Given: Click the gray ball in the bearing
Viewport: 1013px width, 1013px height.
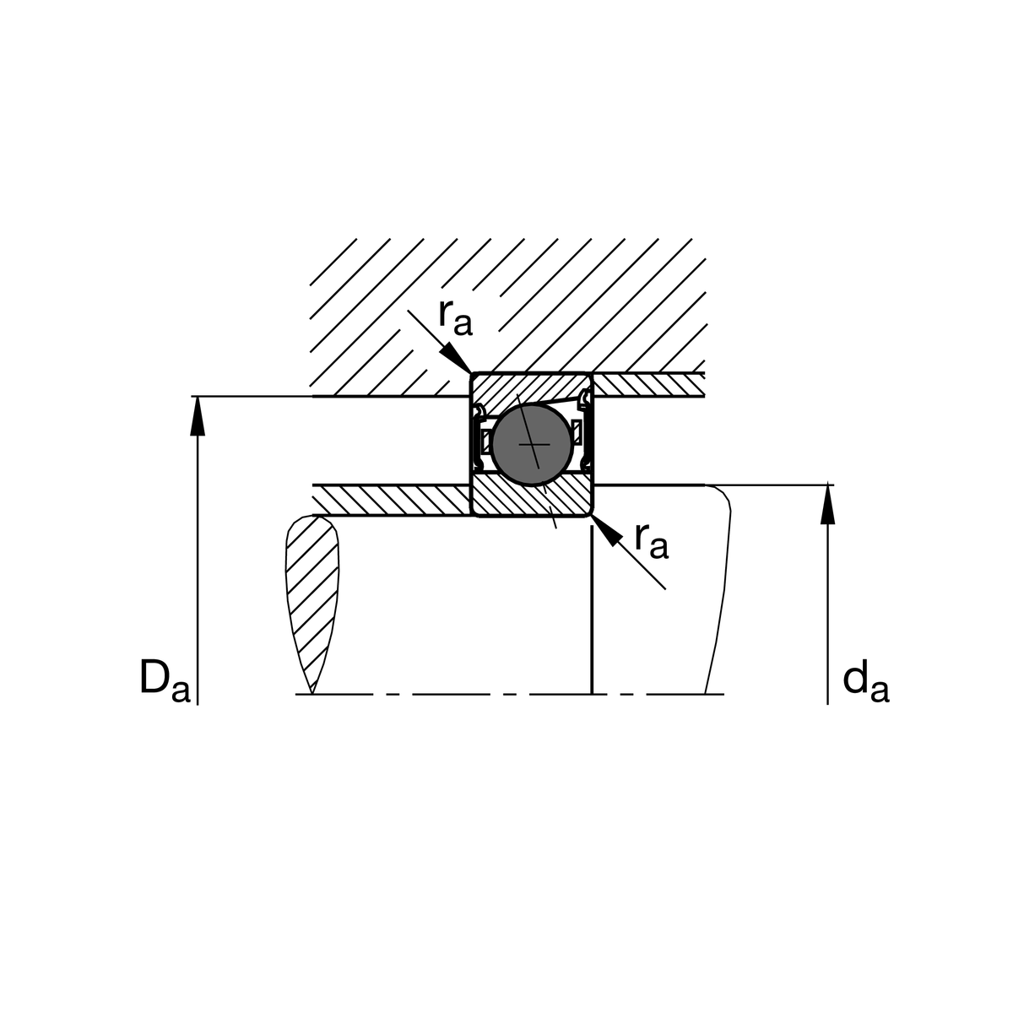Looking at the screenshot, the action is click(x=532, y=445).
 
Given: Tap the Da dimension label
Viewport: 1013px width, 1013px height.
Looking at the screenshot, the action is click(x=165, y=679).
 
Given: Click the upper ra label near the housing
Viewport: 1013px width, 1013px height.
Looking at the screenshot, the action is click(x=456, y=318).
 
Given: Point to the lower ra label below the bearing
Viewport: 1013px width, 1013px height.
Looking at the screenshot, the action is click(x=652, y=541).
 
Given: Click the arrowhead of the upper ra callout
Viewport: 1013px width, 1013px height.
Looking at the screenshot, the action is click(x=456, y=359).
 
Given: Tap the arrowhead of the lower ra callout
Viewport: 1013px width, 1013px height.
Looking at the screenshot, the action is click(x=606, y=530).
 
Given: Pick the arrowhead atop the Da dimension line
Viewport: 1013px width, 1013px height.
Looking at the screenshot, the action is click(x=198, y=416).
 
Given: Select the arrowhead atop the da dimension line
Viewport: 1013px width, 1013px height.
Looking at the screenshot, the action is click(x=828, y=505).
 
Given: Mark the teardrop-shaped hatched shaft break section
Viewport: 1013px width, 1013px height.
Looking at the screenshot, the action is click(x=311, y=604).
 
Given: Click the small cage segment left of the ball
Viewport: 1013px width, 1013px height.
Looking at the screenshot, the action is click(x=486, y=441).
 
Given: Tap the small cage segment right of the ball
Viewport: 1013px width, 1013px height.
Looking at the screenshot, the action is click(x=577, y=431).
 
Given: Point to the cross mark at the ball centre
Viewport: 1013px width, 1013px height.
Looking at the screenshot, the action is click(x=534, y=445).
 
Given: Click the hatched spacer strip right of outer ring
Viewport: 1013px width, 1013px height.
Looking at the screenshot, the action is click(x=648, y=385).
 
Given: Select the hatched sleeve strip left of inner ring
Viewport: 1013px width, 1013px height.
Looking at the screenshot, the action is click(x=392, y=501).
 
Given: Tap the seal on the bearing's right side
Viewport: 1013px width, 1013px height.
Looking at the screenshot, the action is click(x=585, y=429).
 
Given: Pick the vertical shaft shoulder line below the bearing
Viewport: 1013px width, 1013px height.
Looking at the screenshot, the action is click(x=593, y=609).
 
